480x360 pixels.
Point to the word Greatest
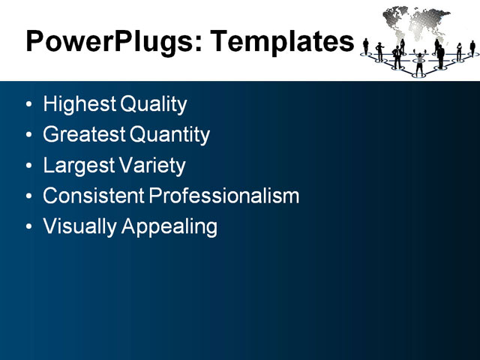pyautogui.click(x=84, y=135)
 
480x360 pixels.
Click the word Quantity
pyautogui.click(x=169, y=135)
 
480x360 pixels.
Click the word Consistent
pyautogui.click(x=94, y=196)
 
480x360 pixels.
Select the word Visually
pyautogui.click(x=78, y=226)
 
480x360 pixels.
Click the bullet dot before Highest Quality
pyautogui.click(x=28, y=105)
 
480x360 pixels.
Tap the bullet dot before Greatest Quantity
pyautogui.click(x=28, y=136)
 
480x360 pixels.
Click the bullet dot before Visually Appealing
pyautogui.click(x=28, y=227)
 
